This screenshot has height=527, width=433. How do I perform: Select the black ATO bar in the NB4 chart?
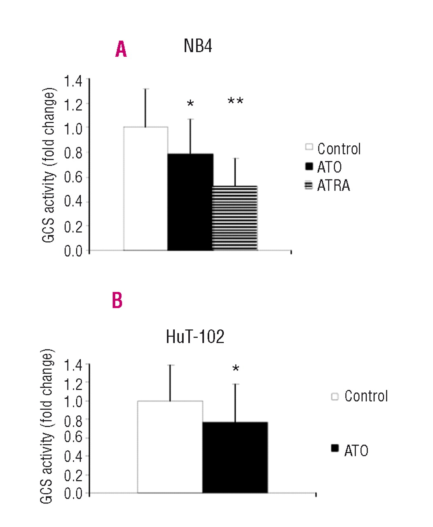[x=190, y=202]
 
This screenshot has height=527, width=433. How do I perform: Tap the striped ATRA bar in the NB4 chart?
[x=235, y=218]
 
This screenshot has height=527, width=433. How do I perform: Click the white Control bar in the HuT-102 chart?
[x=170, y=447]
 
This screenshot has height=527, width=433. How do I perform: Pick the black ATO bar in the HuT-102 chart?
[x=235, y=457]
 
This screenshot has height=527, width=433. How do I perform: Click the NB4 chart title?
[x=198, y=46]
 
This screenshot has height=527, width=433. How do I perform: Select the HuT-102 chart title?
[x=195, y=337]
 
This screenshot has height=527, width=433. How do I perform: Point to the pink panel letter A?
[x=121, y=49]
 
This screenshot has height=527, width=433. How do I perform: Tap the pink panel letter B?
[x=117, y=301]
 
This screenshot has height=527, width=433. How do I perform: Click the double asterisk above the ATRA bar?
[x=235, y=101]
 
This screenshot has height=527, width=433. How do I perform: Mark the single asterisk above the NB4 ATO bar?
[x=190, y=104]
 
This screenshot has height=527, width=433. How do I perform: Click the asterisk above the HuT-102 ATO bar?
[x=236, y=369]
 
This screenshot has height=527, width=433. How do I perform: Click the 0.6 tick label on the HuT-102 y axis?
[x=73, y=437]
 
